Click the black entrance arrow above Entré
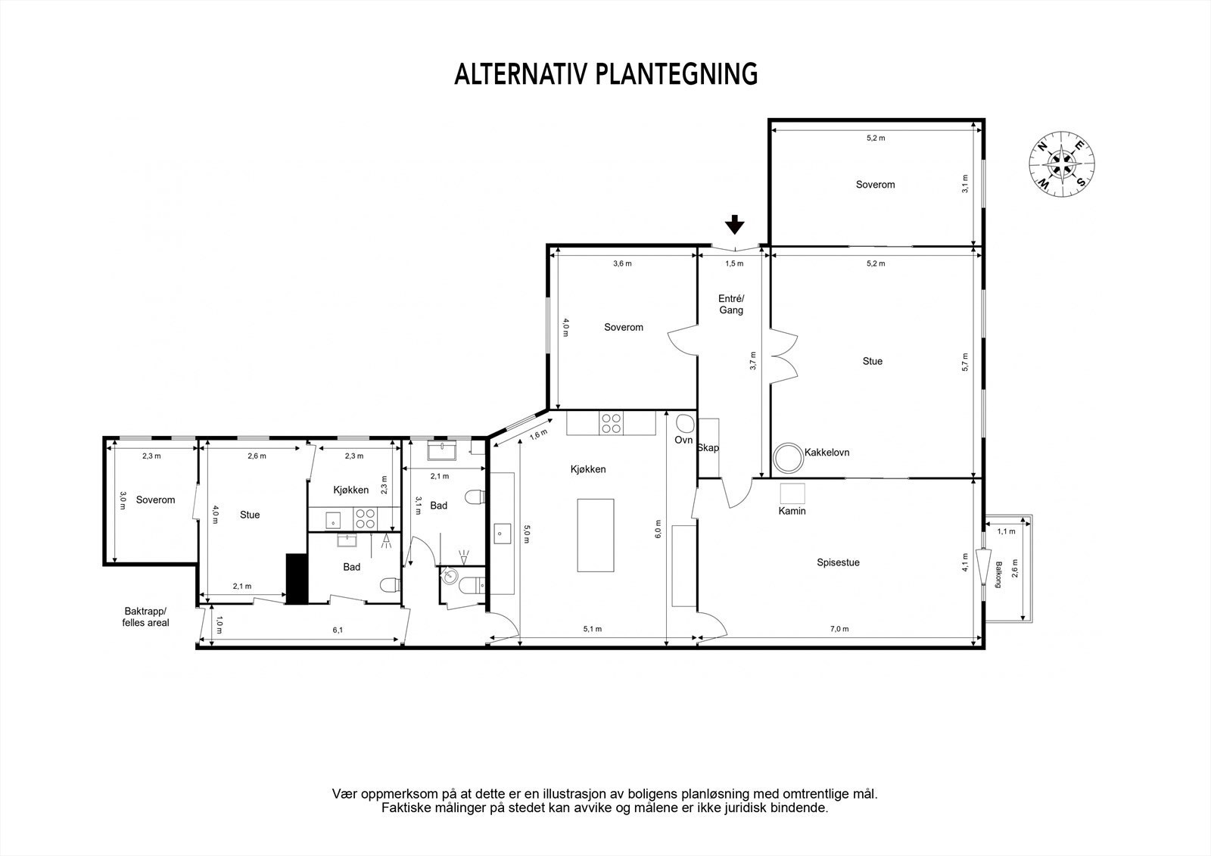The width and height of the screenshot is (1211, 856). coord(734,225)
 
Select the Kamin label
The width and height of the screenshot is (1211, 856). coord(792,511)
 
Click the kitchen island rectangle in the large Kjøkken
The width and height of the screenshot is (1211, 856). coord(598,534)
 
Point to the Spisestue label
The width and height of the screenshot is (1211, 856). coord(838,562)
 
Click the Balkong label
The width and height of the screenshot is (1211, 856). coord(999,574)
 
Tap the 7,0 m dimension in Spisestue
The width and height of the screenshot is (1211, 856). coord(839,629)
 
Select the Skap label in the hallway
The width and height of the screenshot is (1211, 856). coord(708,447)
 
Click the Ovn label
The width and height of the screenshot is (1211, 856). coord(683,440)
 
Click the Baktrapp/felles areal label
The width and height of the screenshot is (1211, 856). coord(146,617)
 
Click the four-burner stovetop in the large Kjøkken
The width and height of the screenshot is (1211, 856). coord(611,424)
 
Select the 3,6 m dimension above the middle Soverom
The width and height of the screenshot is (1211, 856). coord(622,263)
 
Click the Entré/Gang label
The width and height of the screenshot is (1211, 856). coord(731,303)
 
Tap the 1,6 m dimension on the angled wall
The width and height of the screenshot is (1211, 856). coord(537,435)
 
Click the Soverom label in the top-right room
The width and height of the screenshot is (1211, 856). coord(875,184)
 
